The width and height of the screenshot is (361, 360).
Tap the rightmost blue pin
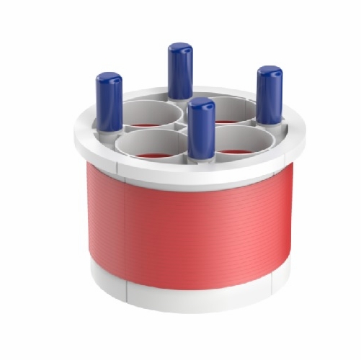[x=269, y=95]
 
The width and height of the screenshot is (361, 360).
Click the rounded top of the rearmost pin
[x=180, y=48]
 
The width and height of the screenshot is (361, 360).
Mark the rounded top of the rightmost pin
[x=269, y=71]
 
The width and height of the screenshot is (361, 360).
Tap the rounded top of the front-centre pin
[x=201, y=104]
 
